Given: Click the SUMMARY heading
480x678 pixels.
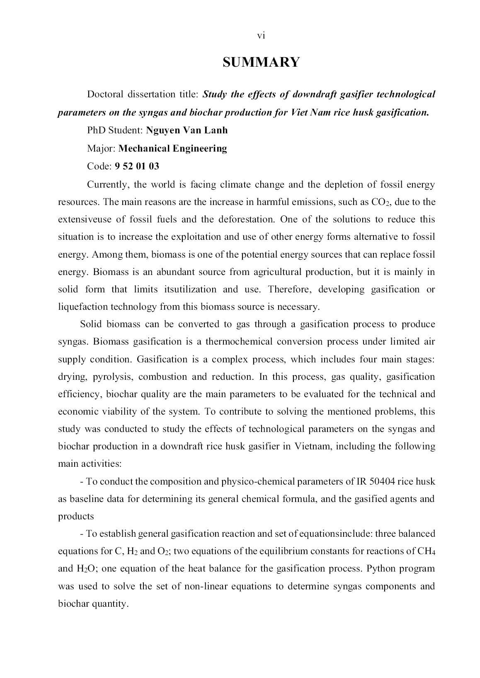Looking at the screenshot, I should pos(261,62).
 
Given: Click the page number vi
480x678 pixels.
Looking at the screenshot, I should pos(261,36).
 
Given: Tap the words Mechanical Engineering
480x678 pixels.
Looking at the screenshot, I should pos(173,148).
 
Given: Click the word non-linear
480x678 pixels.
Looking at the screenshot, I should pos(204,586).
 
